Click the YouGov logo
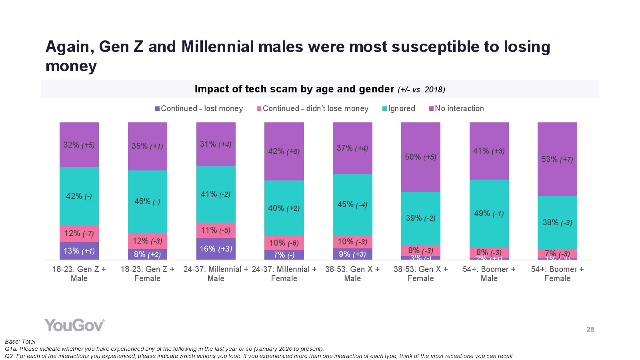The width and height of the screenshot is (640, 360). tap(74, 325)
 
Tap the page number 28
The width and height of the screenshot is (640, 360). tap(590, 330)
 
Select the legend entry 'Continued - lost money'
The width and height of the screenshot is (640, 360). tap(199, 108)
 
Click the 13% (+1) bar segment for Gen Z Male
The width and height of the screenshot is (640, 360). tap(79, 251)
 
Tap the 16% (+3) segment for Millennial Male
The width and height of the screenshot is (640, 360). tap(216, 249)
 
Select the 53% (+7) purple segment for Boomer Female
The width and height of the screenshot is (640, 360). tap(557, 159)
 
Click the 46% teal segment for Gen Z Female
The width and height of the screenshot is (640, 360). tap(147, 201)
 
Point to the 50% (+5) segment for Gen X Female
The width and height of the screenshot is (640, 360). tap(420, 157)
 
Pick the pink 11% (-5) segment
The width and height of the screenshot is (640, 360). tap(216, 230)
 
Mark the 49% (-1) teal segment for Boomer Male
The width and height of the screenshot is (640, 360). tap(489, 213)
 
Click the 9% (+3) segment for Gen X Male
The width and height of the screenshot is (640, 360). tap(352, 254)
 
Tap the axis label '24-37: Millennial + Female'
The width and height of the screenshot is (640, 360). tap(284, 274)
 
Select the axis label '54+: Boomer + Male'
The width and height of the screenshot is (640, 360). tap(489, 274)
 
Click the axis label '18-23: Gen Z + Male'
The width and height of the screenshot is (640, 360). tap(79, 274)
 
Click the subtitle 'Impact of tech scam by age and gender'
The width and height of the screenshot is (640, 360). tap(294, 89)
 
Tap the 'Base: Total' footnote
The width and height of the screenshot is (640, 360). tap(20, 342)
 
